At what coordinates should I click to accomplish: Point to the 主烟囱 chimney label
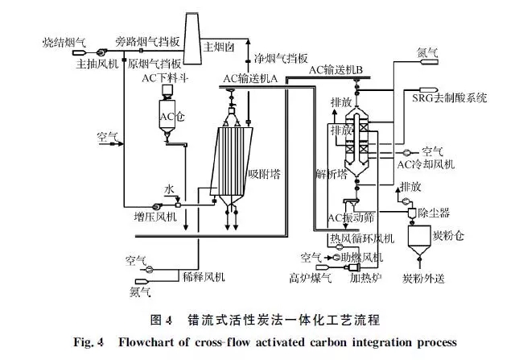(220, 47)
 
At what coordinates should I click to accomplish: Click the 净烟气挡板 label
(281, 59)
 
